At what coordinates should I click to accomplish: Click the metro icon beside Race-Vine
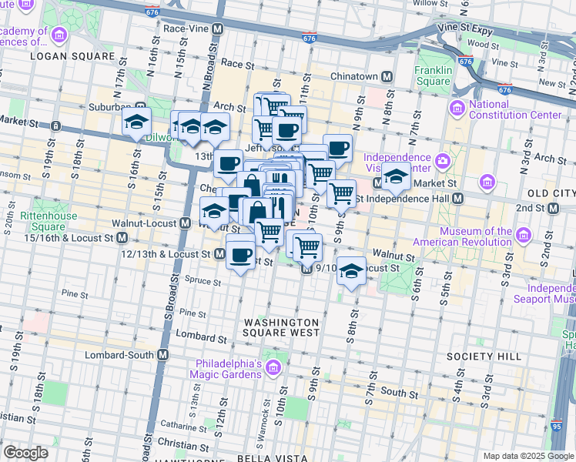(x=218, y=28)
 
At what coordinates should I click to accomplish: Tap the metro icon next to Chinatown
(x=387, y=76)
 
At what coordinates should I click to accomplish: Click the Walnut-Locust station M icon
(x=185, y=223)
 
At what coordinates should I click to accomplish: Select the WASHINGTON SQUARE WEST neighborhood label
(x=281, y=327)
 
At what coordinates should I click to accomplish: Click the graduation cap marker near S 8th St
(x=352, y=271)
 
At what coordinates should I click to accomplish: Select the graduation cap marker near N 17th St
(x=136, y=122)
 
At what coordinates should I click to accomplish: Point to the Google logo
(x=25, y=453)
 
